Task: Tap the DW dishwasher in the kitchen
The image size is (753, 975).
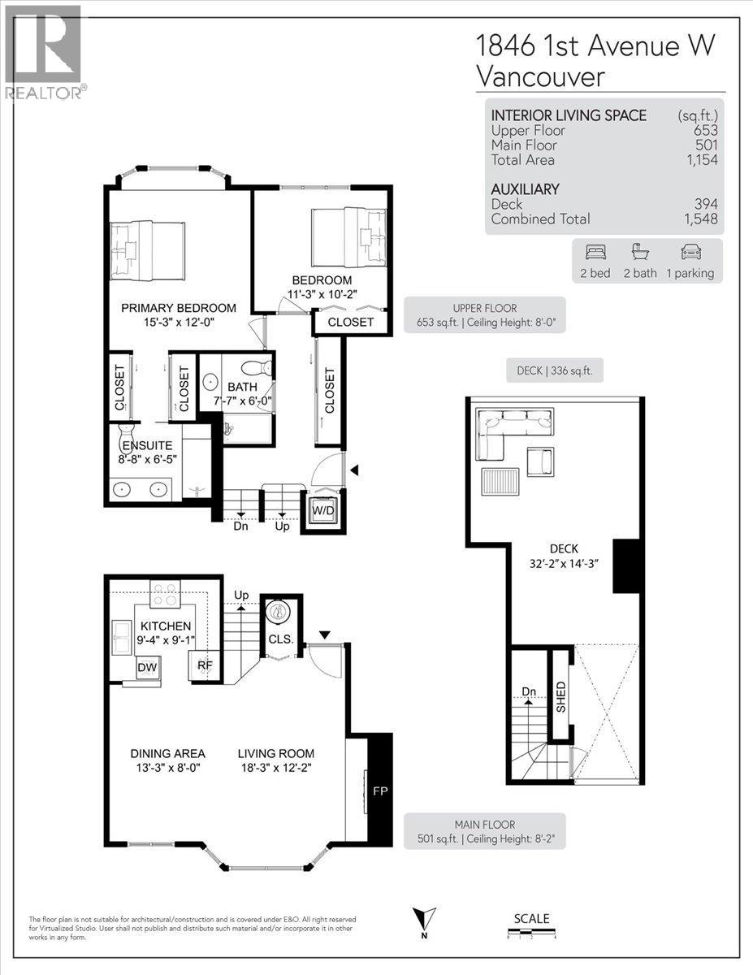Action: click(x=148, y=668)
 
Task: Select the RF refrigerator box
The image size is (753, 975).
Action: click(x=205, y=665)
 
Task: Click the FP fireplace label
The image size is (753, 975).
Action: click(x=379, y=788)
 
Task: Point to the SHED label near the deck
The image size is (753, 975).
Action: click(x=560, y=696)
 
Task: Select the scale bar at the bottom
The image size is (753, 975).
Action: click(x=531, y=931)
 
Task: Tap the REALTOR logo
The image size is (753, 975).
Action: click(x=44, y=53)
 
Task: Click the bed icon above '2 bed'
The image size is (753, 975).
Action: click(x=595, y=252)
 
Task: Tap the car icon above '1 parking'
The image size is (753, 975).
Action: click(x=690, y=252)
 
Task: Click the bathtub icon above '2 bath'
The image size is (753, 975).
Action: click(x=640, y=252)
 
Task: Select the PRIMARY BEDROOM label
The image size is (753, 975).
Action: click(x=179, y=308)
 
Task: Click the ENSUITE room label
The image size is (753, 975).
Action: click(x=146, y=446)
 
